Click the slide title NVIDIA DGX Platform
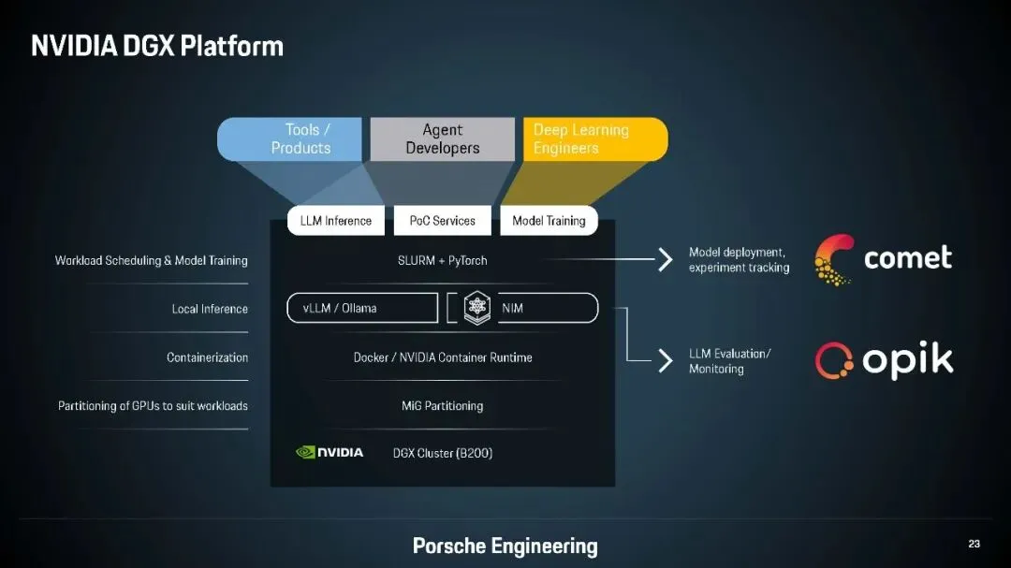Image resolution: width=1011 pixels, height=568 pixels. pos(156,45)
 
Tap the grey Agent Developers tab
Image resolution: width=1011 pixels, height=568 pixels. pos(442,138)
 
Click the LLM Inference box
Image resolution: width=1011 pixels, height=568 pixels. pos(335,221)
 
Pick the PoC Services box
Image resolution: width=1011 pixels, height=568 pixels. pos(442,221)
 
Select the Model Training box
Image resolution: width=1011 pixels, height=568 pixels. pos(549,221)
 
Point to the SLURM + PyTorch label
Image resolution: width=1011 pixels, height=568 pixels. pos(442,260)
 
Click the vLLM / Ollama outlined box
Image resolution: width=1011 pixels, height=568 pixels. pos(362,308)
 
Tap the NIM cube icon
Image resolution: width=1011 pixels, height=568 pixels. pos(476,308)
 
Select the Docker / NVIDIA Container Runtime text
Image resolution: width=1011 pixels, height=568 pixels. pos(442,357)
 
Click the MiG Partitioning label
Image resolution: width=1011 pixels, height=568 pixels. pos(442,406)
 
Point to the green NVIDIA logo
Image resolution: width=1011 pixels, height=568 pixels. pos(330,453)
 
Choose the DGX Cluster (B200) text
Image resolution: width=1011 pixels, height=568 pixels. pos(442,453)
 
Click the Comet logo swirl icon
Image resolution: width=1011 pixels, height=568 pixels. pos(833,258)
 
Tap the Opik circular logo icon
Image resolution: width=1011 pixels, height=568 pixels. pos(833,361)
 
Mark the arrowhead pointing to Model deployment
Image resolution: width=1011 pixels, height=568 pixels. pos(666,260)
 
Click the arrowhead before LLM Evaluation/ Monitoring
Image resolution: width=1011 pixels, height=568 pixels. pos(666,361)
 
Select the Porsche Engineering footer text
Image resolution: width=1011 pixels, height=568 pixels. pos(505,546)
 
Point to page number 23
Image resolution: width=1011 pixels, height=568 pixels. pos(974,544)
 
